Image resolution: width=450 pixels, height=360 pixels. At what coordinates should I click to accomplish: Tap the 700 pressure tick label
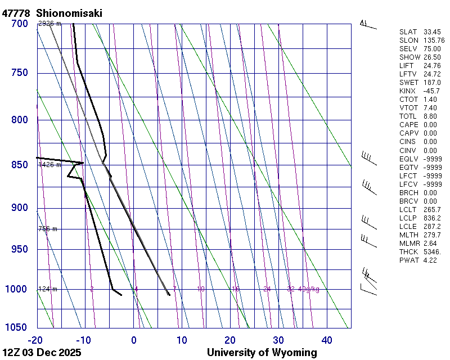point(20,24)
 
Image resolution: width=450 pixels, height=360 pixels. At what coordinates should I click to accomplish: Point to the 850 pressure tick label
point(20,165)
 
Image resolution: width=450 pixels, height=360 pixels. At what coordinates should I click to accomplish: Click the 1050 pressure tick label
point(17,327)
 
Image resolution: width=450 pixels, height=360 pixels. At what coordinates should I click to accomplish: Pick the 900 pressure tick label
point(20,208)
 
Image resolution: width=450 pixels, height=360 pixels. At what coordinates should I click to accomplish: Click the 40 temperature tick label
point(327,340)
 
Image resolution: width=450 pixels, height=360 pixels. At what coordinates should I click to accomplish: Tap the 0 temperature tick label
point(134,340)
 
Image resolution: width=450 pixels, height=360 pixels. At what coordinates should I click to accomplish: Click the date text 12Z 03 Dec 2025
point(42,353)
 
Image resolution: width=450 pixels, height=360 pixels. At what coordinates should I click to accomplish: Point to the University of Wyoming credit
point(262,353)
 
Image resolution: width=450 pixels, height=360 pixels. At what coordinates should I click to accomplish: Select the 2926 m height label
point(49,24)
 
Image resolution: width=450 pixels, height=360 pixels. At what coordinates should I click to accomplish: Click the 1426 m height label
point(49,165)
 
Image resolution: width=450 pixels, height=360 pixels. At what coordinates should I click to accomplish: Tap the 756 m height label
point(48,229)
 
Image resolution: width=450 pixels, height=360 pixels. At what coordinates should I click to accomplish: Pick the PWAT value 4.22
point(430,260)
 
